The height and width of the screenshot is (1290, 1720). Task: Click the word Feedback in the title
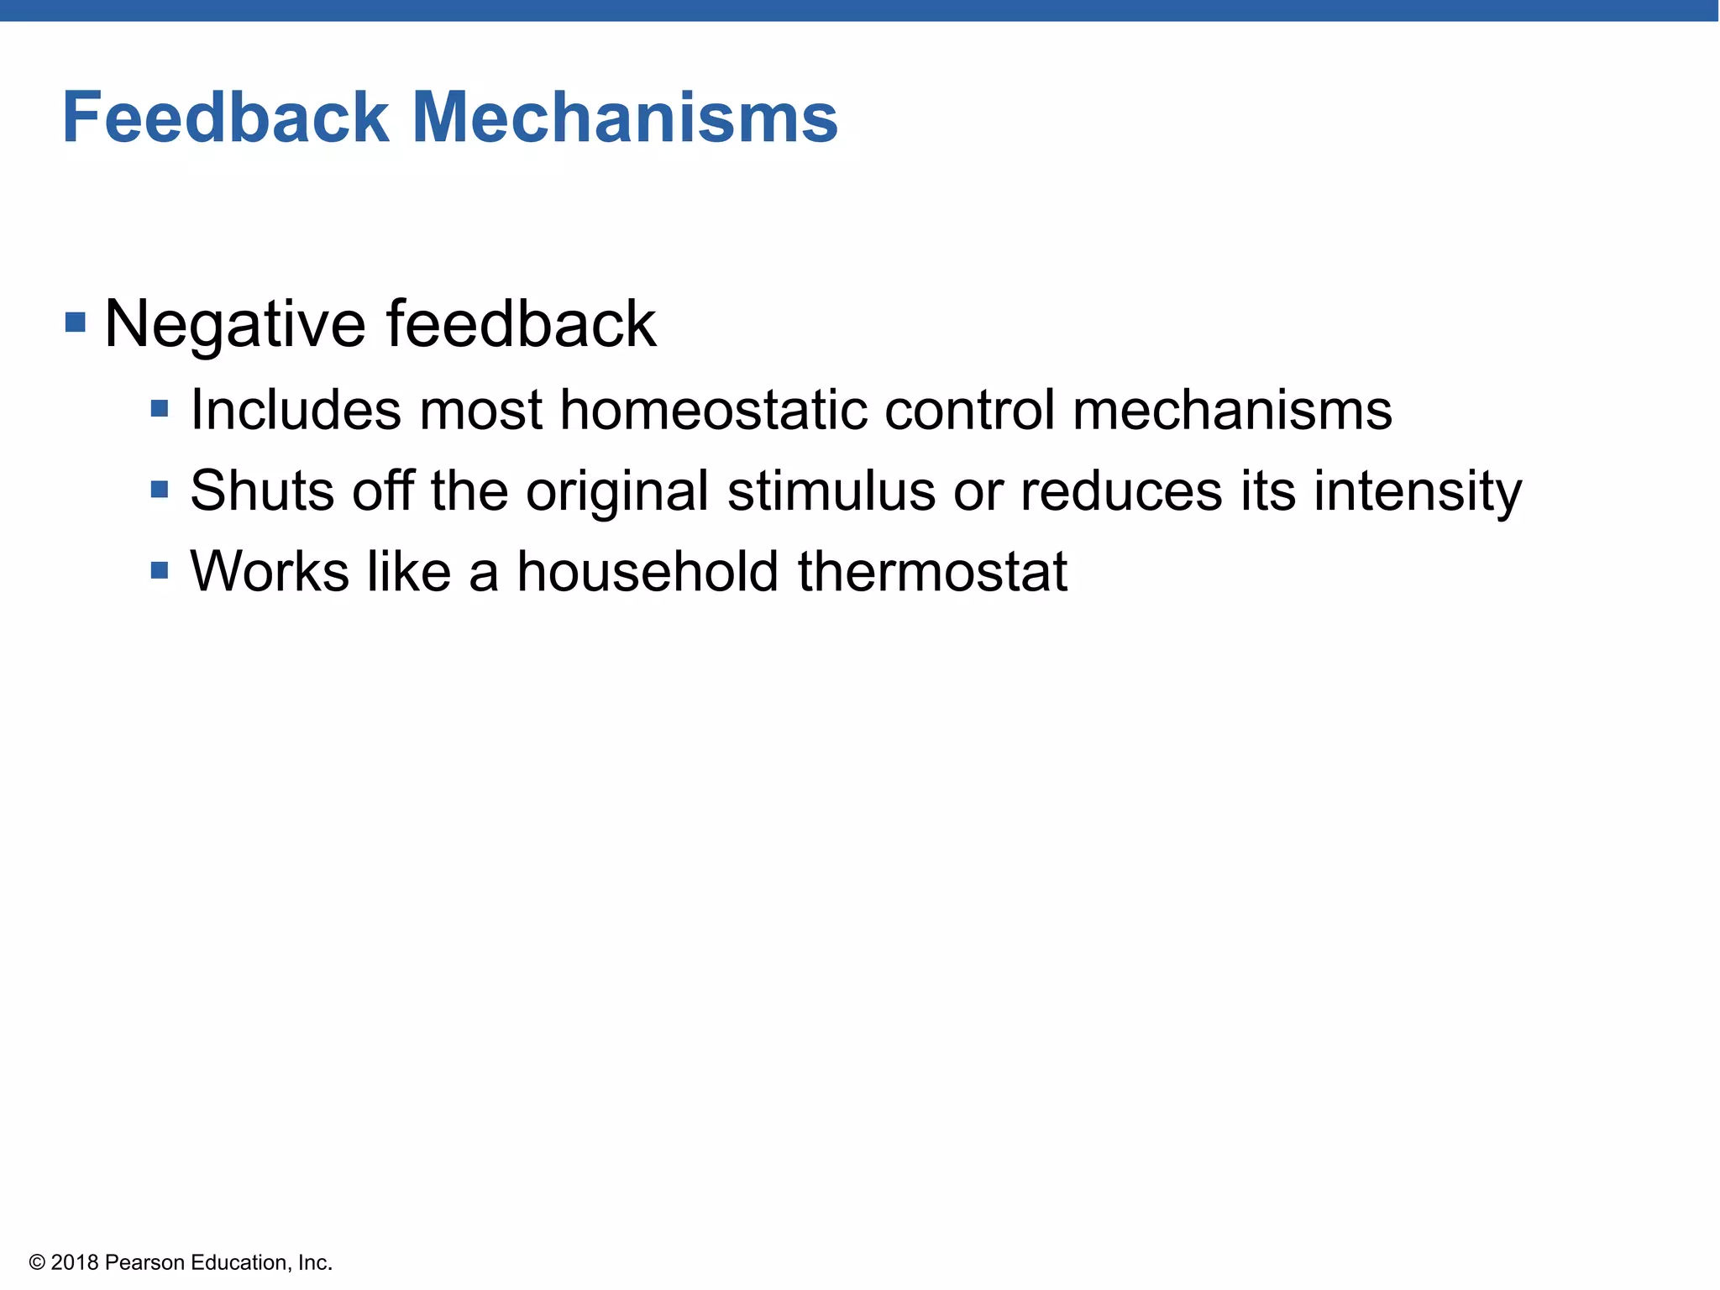pyautogui.click(x=226, y=118)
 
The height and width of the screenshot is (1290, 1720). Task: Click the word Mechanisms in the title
pyautogui.click(x=625, y=118)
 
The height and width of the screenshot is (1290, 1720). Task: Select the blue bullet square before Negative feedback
pyautogui.click(x=76, y=322)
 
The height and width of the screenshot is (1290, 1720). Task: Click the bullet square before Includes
pyautogui.click(x=160, y=409)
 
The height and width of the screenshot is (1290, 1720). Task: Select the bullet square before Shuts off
pyautogui.click(x=160, y=489)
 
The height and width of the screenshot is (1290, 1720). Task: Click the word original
pyautogui.click(x=617, y=492)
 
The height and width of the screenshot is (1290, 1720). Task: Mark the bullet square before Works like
pyautogui.click(x=160, y=571)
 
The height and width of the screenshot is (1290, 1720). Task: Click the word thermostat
pyautogui.click(x=932, y=571)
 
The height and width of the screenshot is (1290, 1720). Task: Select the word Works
pyautogui.click(x=270, y=571)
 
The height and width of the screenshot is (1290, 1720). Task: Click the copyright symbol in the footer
pyautogui.click(x=37, y=1262)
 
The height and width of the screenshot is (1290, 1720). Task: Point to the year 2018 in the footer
pyautogui.click(x=75, y=1262)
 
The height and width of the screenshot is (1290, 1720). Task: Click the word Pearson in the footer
pyautogui.click(x=144, y=1262)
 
